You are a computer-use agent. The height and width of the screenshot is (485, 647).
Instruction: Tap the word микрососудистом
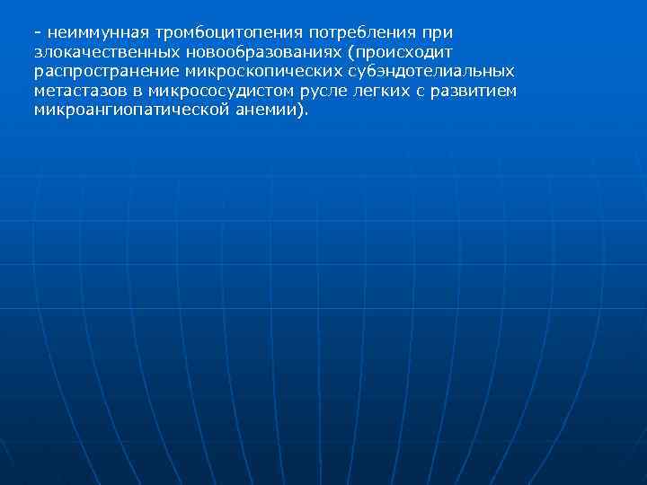[215, 91]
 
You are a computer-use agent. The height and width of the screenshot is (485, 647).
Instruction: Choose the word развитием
[474, 91]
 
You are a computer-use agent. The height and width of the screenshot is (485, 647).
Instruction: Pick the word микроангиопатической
[127, 110]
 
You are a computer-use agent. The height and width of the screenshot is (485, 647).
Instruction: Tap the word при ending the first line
[440, 32]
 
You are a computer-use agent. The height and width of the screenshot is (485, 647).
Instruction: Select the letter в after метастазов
[137, 92]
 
